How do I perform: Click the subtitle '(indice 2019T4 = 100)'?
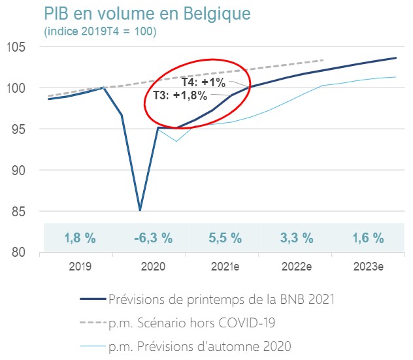point(100,31)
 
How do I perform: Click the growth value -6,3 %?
point(154,238)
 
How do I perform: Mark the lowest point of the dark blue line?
point(140,210)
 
